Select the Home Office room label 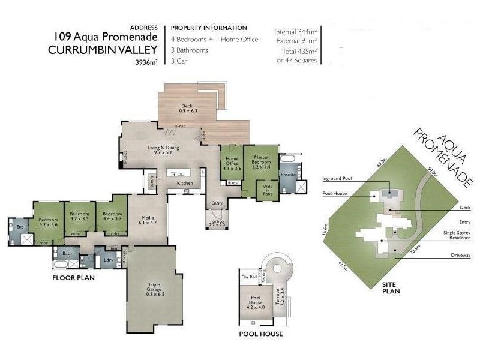[232, 163]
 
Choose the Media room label [148, 220]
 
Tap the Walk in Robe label [267, 190]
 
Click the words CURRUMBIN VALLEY [103, 50]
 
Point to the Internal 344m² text [296, 31]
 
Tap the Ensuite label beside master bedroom [288, 175]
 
